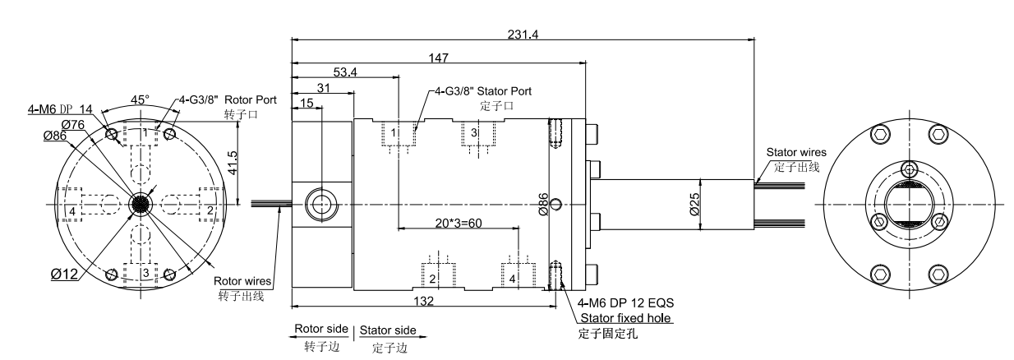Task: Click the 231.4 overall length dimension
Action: (523, 35)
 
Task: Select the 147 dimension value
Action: (439, 58)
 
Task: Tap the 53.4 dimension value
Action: (345, 72)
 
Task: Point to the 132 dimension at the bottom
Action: (424, 301)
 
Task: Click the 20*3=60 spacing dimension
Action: (459, 224)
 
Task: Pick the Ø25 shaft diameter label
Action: (694, 204)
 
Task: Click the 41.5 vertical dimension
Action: (233, 163)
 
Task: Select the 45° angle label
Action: (140, 99)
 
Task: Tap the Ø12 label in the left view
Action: (64, 274)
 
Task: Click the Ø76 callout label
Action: (73, 125)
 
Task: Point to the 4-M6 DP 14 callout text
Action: (60, 109)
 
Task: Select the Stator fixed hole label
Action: (625, 318)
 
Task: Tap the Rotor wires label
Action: (242, 281)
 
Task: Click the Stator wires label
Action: (796, 152)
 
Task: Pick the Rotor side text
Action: (321, 329)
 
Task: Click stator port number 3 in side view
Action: (474, 132)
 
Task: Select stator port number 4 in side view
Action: (512, 279)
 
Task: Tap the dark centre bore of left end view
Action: (140, 205)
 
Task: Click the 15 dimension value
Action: (307, 103)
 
